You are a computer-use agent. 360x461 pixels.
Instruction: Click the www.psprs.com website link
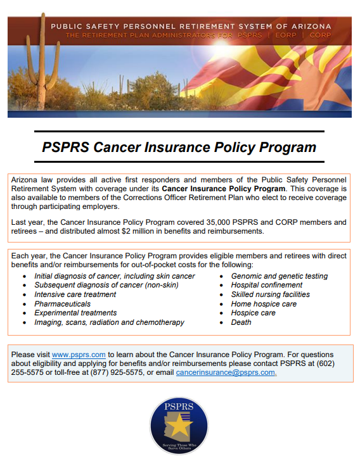click(79, 355)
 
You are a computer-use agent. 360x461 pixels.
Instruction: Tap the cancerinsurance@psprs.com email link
click(226, 372)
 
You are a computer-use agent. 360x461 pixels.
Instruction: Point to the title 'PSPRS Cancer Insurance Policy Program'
click(179, 148)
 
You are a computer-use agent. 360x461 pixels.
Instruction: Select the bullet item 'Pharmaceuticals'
click(62, 304)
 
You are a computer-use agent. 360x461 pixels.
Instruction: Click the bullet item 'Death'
click(241, 322)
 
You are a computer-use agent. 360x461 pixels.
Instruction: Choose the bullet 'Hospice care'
click(253, 313)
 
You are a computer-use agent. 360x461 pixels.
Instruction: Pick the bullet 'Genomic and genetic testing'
click(279, 276)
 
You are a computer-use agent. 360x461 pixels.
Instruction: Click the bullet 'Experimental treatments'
click(75, 313)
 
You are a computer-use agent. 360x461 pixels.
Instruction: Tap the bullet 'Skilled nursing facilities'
click(270, 294)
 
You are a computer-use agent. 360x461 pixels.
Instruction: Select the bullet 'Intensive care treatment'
click(75, 294)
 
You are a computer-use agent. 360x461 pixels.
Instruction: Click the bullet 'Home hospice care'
click(264, 304)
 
